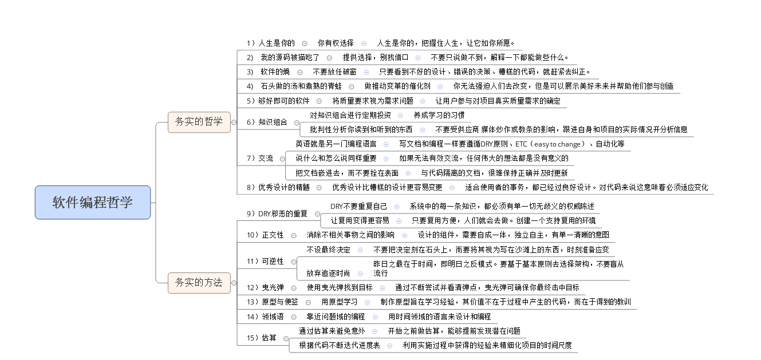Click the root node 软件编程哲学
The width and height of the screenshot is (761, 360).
pyautogui.click(x=93, y=202)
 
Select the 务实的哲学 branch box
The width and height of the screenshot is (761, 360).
pyautogui.click(x=199, y=121)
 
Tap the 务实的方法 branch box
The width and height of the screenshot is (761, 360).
pyautogui.click(x=199, y=282)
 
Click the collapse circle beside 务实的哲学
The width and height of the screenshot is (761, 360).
pyautogui.click(x=234, y=121)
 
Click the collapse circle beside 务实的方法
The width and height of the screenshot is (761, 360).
pyautogui.click(x=234, y=282)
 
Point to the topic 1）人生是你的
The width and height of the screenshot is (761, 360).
pyautogui.click(x=271, y=43)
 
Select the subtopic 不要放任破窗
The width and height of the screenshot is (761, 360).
pyautogui.click(x=334, y=72)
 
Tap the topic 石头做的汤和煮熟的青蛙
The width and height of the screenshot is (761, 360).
pyautogui.click(x=301, y=86)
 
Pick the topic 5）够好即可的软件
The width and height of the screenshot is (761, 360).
pyautogui.click(x=278, y=101)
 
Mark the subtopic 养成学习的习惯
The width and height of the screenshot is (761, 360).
pyautogui.click(x=439, y=115)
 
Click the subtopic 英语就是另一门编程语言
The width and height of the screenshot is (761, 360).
pyautogui.click(x=336, y=144)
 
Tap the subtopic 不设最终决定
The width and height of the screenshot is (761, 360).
pyautogui.click(x=329, y=250)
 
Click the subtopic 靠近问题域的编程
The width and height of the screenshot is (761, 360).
pyautogui.click(x=336, y=317)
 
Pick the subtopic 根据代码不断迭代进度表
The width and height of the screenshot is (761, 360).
pyautogui.click(x=340, y=345)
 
